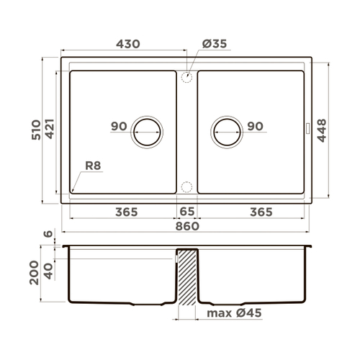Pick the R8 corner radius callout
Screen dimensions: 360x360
(94, 166)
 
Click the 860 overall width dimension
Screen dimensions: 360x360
(186, 227)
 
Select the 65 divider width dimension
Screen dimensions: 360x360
(186, 212)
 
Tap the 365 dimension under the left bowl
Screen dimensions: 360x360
(126, 212)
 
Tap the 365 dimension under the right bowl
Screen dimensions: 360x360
(261, 212)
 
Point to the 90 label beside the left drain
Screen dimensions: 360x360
(119, 127)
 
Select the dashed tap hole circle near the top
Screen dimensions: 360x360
(187, 76)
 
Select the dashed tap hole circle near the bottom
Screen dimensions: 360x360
(187, 187)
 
